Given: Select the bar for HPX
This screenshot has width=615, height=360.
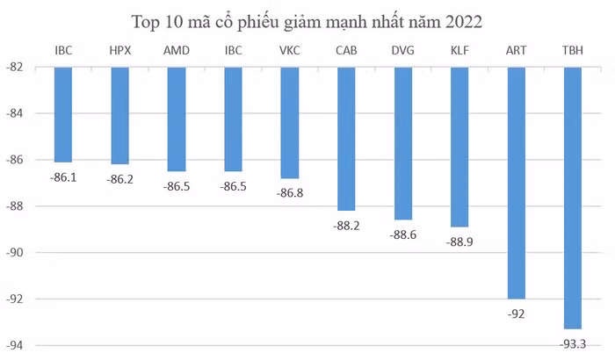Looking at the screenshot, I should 119,115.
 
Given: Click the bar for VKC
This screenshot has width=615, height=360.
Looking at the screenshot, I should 289,123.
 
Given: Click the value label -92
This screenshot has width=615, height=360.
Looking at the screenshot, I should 516,313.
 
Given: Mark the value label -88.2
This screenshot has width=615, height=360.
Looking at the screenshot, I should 346,225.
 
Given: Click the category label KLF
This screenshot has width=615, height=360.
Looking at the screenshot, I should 459,50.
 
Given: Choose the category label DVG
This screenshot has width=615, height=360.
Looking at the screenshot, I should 402,50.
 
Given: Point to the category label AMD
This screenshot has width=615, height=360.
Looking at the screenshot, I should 176,50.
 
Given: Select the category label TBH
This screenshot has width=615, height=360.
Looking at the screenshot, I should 572,50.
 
